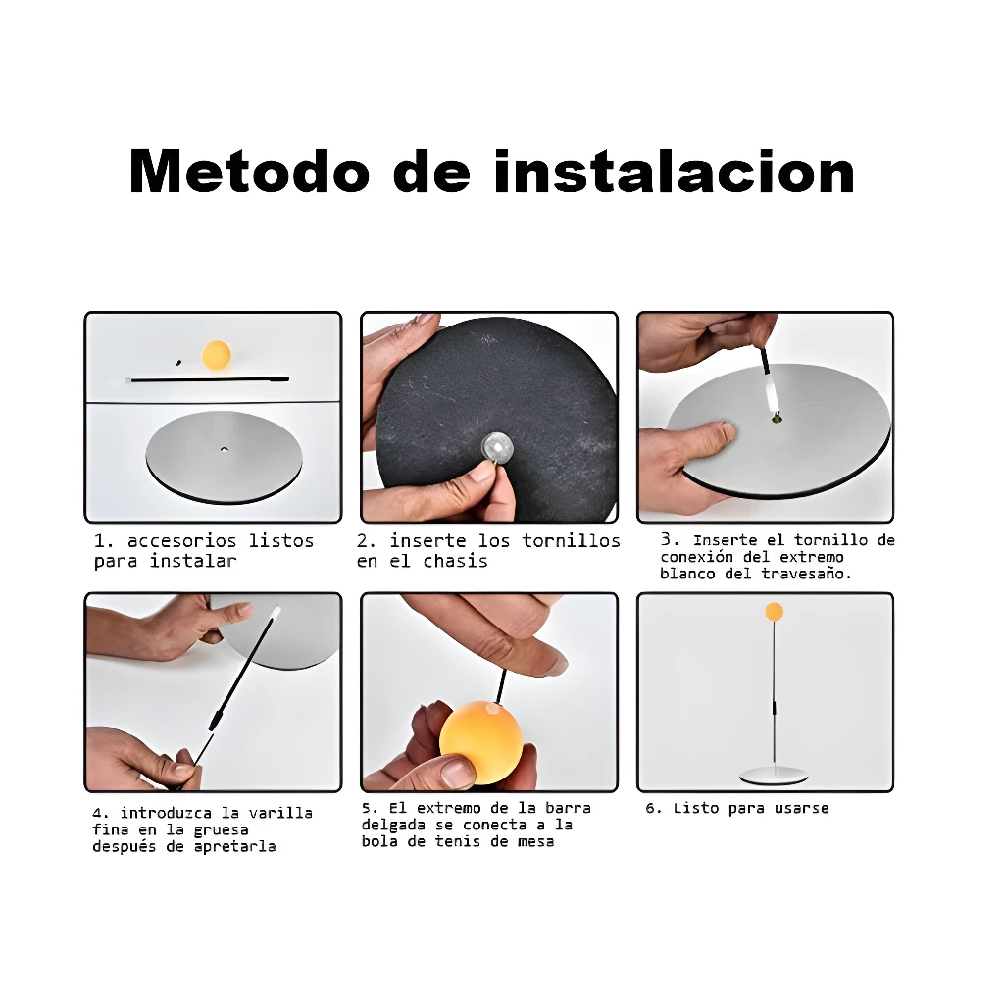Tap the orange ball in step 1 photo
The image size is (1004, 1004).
tap(217, 355)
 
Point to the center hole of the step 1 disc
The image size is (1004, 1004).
tap(225, 449)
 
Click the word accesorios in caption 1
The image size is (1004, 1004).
tap(181, 541)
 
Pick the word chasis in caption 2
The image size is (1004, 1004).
tap(455, 562)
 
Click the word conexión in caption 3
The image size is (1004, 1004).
tap(697, 557)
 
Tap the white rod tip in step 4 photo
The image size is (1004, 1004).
tap(276, 613)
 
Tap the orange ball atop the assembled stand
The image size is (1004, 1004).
tap(775, 612)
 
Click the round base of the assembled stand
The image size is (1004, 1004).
tap(774, 776)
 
